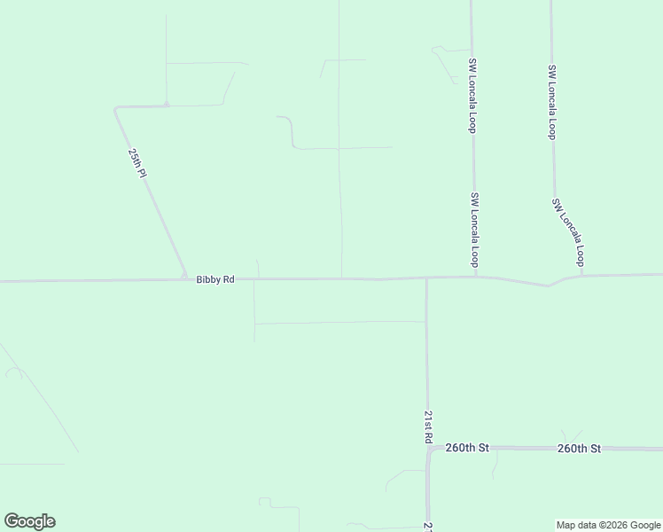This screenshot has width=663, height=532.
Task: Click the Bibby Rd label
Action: pyautogui.click(x=215, y=279)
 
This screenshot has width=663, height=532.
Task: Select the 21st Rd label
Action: pyautogui.click(x=427, y=426)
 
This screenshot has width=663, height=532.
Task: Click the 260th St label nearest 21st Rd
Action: pyautogui.click(x=467, y=448)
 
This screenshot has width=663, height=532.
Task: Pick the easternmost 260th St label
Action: pyautogui.click(x=580, y=449)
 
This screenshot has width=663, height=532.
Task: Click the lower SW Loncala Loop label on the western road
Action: pyautogui.click(x=475, y=231)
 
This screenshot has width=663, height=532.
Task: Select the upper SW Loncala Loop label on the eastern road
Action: pyautogui.click(x=551, y=102)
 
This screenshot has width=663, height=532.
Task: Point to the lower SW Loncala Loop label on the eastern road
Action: pyautogui.click(x=568, y=232)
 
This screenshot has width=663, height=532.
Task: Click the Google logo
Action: pyautogui.click(x=29, y=521)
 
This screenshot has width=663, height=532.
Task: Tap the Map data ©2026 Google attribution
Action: pyautogui.click(x=609, y=525)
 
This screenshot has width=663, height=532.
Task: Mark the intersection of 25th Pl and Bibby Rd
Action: pyautogui.click(x=185, y=278)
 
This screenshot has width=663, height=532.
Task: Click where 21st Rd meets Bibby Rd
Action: pyautogui.click(x=426, y=278)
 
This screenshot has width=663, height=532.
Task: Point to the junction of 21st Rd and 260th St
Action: pyautogui.click(x=428, y=449)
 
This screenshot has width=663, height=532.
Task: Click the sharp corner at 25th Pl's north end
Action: pyautogui.click(x=116, y=109)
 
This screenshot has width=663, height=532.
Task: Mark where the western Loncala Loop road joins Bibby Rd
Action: pyautogui.click(x=476, y=276)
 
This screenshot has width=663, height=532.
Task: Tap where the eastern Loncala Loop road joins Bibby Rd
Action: pyautogui.click(x=581, y=275)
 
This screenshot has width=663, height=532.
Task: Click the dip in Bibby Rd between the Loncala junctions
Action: pyautogui.click(x=548, y=286)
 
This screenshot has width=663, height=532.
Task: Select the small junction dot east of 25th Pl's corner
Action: pyautogui.click(x=167, y=106)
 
